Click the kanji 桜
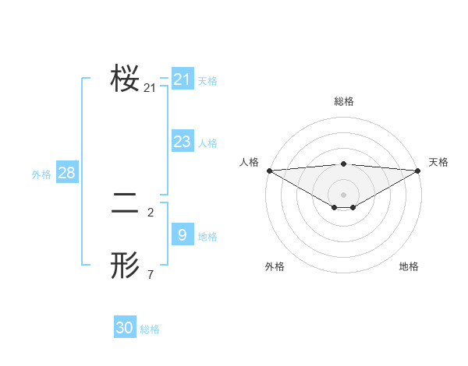click(125, 79)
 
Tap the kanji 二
click(125, 204)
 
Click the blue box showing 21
click(182, 79)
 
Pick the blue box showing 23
click(182, 142)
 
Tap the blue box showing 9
click(182, 235)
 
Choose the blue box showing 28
click(66, 173)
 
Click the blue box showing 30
click(125, 328)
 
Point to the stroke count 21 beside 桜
click(150, 88)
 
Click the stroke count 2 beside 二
click(151, 212)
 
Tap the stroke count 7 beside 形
click(151, 274)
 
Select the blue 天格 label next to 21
click(207, 80)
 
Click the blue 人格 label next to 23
click(207, 143)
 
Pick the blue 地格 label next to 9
click(207, 237)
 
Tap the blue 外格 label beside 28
click(41, 174)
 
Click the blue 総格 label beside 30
click(150, 329)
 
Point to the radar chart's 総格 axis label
click(343, 101)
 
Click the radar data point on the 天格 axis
click(418, 171)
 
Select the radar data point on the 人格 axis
click(269, 171)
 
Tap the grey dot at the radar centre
click(343, 195)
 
